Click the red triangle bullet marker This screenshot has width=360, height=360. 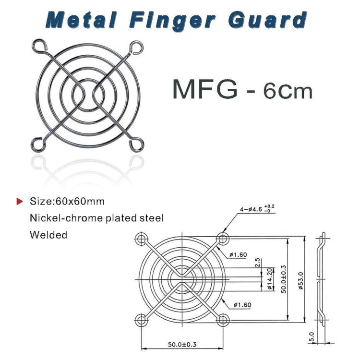[20, 201]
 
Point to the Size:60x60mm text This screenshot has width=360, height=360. [67, 201]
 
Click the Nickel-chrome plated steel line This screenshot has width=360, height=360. [96, 218]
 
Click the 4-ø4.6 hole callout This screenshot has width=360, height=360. [257, 209]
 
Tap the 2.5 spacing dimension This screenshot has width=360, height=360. [258, 262]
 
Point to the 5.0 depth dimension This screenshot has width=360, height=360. [312, 336]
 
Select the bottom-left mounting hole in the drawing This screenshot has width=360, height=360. [141, 319]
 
